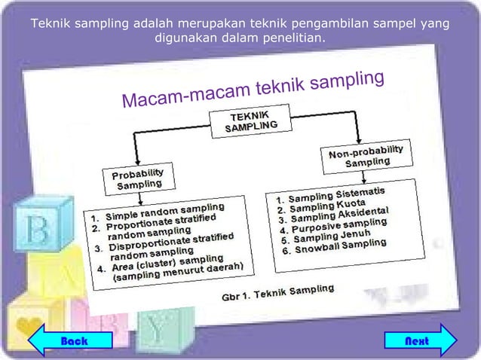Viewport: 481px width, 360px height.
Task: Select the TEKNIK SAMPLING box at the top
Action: pyautogui.click(x=250, y=122)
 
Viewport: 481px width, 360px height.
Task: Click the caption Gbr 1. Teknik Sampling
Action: pyautogui.click(x=277, y=291)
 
